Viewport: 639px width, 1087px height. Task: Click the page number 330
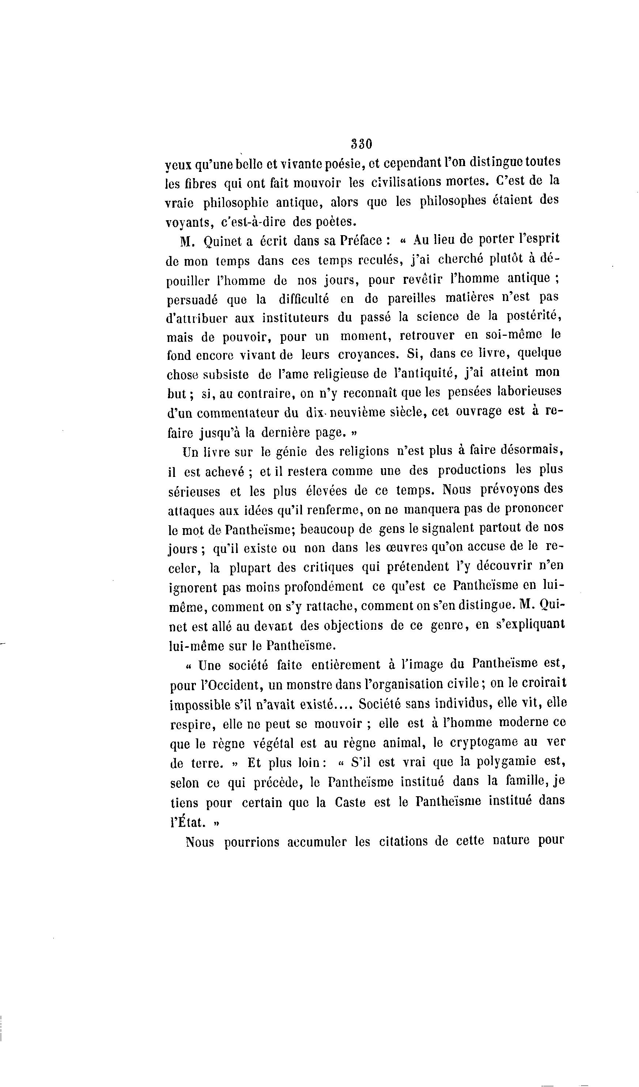[361, 144]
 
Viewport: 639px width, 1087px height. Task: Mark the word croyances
[368, 354]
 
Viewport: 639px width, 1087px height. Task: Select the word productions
[472, 469]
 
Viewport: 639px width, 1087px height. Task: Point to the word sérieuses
[194, 491]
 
